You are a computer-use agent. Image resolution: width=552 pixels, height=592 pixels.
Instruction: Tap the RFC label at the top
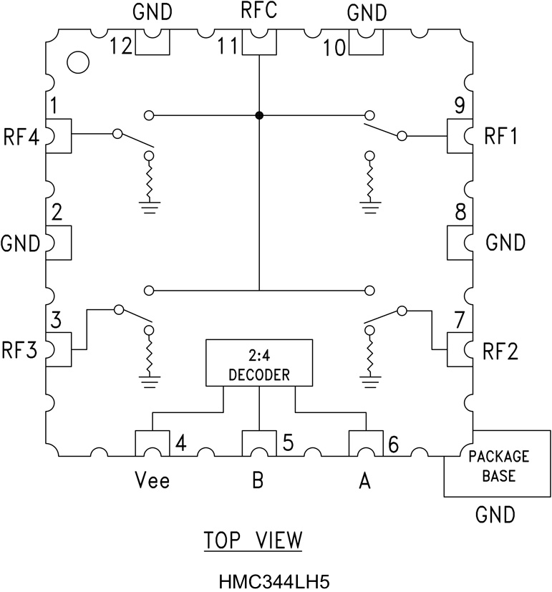coord(259,13)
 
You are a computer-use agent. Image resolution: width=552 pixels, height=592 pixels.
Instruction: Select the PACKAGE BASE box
coord(497,463)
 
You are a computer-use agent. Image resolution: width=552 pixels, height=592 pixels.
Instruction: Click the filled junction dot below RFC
coord(259,115)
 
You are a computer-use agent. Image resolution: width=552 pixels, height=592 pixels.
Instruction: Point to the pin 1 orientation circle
coord(77,62)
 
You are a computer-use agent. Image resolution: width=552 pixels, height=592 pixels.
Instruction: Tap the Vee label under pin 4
coord(152,482)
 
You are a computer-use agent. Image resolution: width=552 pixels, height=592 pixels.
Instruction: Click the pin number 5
coord(286,444)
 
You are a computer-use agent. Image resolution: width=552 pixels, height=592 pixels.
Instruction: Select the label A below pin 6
coord(364,482)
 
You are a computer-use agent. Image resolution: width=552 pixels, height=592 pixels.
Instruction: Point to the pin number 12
coord(121,47)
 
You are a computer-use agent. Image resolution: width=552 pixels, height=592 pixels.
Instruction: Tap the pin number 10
coord(334,47)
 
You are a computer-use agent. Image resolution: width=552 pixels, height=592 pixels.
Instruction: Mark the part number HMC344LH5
coord(258,576)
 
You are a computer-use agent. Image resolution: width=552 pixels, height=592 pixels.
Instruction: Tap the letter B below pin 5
coord(258,482)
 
